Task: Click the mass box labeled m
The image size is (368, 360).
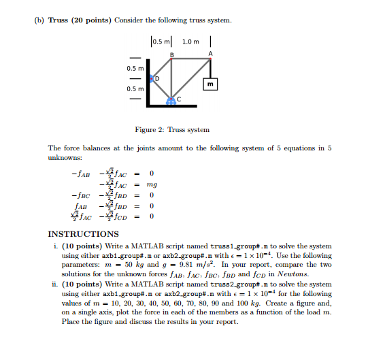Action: coord(211,84)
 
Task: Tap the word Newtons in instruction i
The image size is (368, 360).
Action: coord(307,274)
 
